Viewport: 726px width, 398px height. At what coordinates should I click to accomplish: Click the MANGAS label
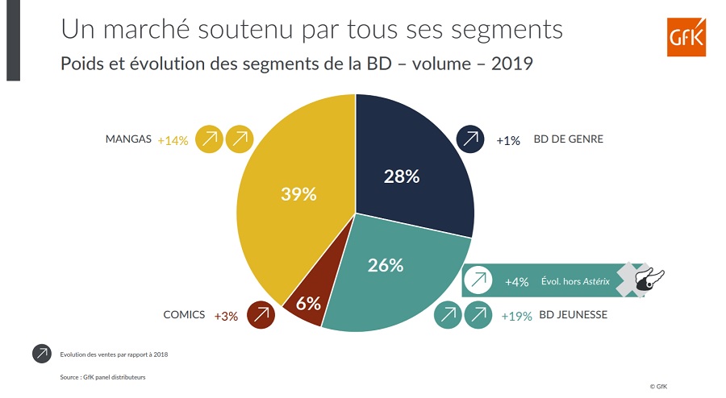tap(128, 139)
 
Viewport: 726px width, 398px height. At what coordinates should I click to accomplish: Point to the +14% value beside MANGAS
tap(173, 140)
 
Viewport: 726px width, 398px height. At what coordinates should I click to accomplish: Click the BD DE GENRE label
tap(568, 139)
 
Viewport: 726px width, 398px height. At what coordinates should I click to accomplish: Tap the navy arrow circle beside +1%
tap(469, 139)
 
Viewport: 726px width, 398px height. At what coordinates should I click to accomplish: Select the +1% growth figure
tap(508, 140)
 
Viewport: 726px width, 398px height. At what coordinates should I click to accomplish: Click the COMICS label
tap(185, 315)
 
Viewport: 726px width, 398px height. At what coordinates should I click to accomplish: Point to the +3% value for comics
tap(226, 316)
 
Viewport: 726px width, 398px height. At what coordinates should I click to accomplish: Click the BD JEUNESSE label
tap(573, 315)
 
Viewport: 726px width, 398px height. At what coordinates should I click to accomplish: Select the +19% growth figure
tap(516, 316)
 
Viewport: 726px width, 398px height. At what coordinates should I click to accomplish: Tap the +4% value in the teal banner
tap(516, 282)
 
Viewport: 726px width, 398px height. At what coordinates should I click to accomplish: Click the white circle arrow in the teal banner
tap(478, 281)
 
